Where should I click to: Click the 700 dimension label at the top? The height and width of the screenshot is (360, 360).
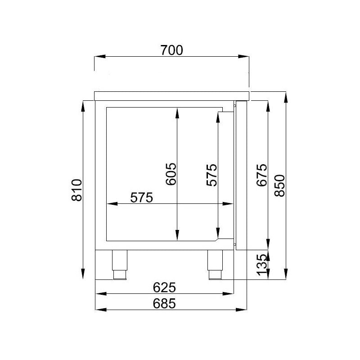(x=171, y=50)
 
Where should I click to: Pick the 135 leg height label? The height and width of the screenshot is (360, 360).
(x=261, y=265)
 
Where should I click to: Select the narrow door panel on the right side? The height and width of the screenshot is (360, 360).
(x=241, y=175)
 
